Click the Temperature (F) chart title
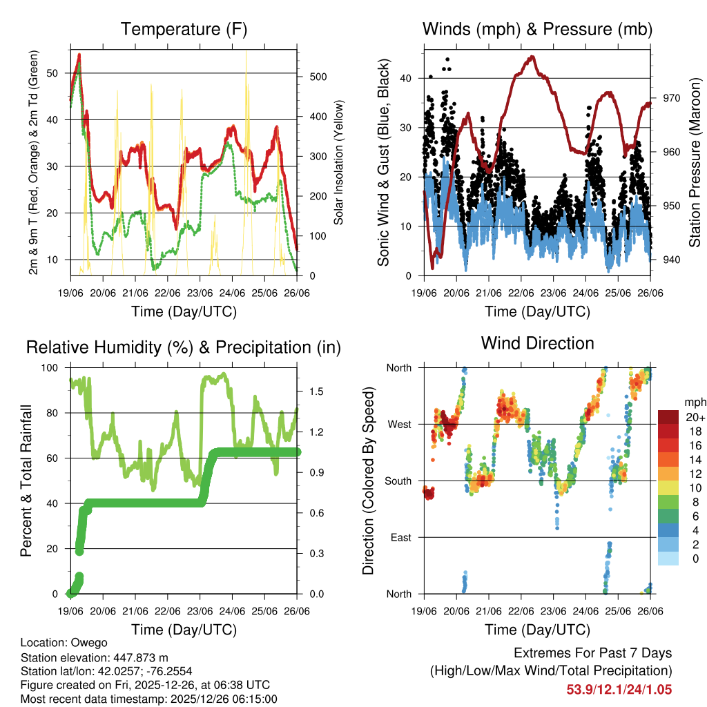coord(184,29)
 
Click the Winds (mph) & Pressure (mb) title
coord(537,29)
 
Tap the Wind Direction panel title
coord(537,343)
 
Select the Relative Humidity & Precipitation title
coord(184,347)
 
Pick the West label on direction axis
coord(398,424)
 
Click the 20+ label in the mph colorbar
coord(695,418)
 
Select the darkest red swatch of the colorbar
coord(668,417)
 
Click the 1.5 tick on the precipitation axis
coord(317,391)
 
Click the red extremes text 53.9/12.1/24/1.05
coord(619,689)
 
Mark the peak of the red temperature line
coord(79,54)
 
